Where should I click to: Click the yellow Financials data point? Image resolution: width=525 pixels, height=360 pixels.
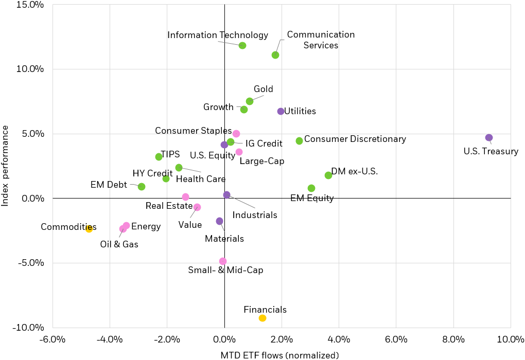coord(262,318)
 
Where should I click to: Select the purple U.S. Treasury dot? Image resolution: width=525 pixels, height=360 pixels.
coord(489,138)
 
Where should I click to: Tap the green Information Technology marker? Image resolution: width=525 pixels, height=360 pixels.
coord(242,46)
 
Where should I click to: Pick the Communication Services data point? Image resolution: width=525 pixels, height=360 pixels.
coord(275,55)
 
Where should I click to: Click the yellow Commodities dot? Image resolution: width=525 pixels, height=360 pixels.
coord(89,229)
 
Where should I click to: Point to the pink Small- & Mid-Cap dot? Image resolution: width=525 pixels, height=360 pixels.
coord(222,261)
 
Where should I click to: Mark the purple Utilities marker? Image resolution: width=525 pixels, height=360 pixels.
coord(281,112)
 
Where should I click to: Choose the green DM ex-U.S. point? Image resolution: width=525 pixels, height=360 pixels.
coord(328,175)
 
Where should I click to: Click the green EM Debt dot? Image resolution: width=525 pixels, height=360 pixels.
coord(142,187)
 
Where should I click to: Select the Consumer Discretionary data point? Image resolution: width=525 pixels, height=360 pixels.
coord(300,141)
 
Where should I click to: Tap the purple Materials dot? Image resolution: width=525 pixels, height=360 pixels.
coord(220,221)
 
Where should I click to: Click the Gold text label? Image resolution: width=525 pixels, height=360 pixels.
coord(264,89)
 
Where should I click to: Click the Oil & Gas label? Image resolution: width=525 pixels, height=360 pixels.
coord(119,244)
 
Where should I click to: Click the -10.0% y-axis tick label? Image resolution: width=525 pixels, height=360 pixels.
coord(30,328)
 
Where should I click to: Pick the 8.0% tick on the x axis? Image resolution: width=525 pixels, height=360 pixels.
coord(453,339)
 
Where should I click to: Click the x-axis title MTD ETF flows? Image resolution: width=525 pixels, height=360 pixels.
coord(279,355)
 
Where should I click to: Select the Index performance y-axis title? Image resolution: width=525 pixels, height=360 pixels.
coord(6,166)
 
